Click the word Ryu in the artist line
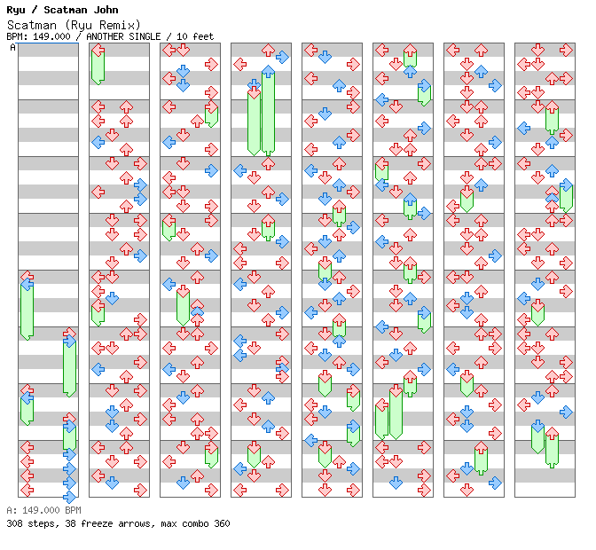pyautogui.click(x=14, y=10)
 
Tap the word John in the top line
pyautogui.click(x=105, y=10)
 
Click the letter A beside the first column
pyautogui.click(x=12, y=48)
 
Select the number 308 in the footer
pyautogui.click(x=14, y=523)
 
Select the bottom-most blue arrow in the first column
pyautogui.click(x=69, y=496)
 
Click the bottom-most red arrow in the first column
pyautogui.click(x=27, y=490)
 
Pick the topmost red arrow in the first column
pyautogui.click(x=27, y=277)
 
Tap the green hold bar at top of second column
pyautogui.click(x=98, y=64)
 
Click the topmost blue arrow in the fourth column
pyautogui.click(x=282, y=57)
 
